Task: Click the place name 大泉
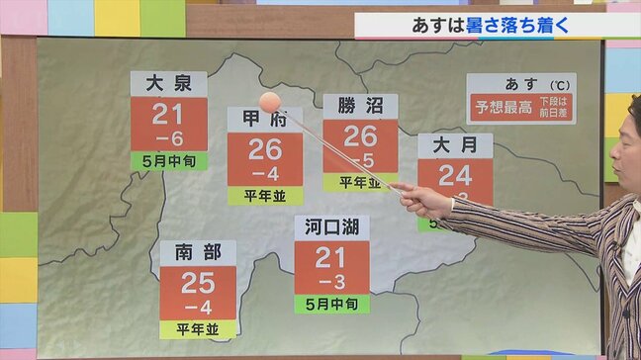169,83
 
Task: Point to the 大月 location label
454,144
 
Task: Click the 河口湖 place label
331,227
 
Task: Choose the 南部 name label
198,252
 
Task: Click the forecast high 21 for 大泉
169,115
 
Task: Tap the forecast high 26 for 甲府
265,150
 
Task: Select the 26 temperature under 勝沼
360,136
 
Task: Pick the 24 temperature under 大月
454,176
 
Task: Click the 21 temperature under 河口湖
331,258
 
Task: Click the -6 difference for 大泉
169,138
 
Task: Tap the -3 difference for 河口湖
331,282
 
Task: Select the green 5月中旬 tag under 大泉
169,159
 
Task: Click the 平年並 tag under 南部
198,328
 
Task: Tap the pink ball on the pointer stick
269,102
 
